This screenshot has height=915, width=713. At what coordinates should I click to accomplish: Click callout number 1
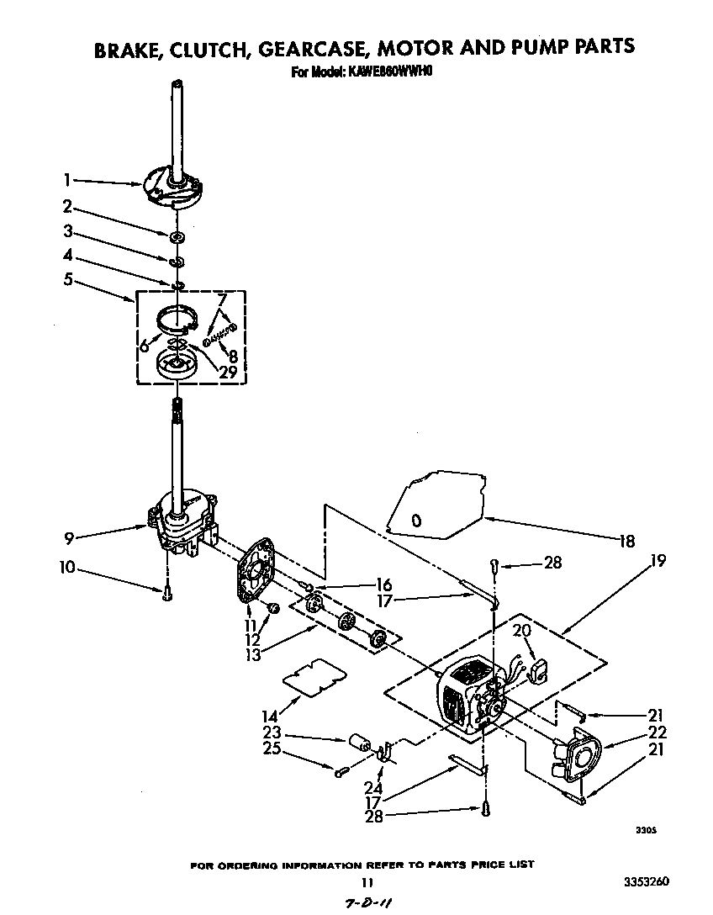[x=66, y=179]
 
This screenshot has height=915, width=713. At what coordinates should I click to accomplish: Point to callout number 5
[x=66, y=279]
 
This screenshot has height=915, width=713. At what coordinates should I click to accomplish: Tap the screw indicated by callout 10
[x=168, y=594]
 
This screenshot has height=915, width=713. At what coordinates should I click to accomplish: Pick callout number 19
[x=658, y=561]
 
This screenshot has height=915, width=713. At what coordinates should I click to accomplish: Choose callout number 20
[x=520, y=631]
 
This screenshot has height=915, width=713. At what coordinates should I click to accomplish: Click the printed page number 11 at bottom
[x=366, y=882]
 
